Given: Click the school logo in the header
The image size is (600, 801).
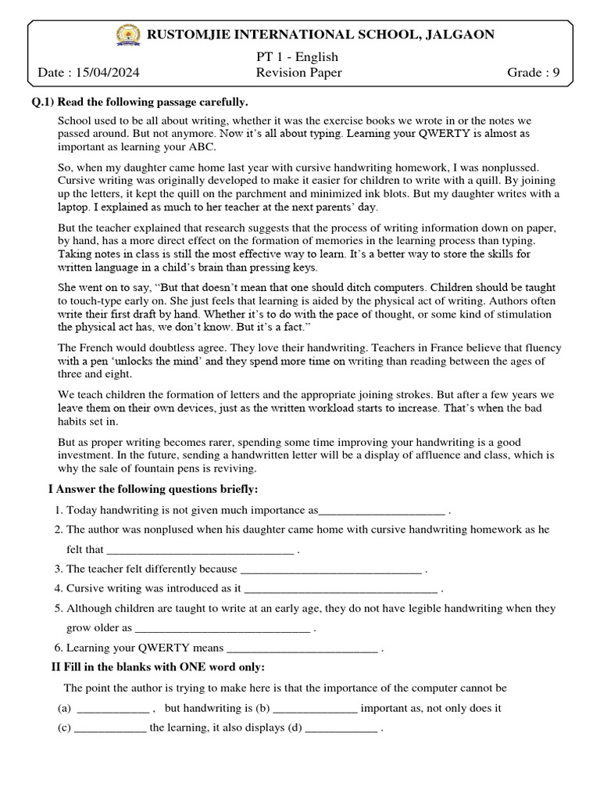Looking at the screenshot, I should coord(125,34).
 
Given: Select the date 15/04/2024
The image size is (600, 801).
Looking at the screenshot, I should coord(108,73).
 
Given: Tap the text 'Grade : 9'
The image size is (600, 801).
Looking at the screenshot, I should coord(534,73).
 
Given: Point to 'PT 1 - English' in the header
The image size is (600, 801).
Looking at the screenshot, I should coord(298,57).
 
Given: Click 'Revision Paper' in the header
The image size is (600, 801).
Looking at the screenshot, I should coord(298,73).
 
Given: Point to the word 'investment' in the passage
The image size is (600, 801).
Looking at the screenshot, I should coord(87,455).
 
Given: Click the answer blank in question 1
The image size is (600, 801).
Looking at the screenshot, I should coord(382,511).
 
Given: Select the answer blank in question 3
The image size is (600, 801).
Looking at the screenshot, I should coord(331,569).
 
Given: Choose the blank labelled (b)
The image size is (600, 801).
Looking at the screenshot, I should coord(316,709).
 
